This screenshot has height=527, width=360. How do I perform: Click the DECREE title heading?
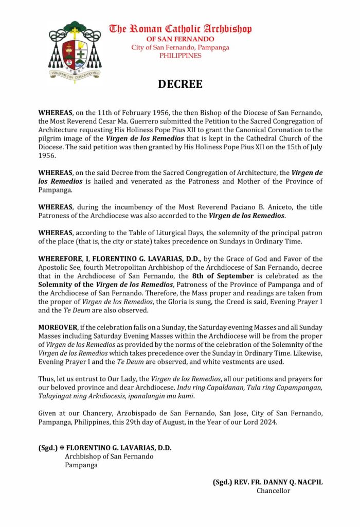click(180, 84)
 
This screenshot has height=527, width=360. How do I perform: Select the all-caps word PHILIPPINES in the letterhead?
click(180, 56)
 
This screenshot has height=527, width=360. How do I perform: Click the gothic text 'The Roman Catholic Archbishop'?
click(180, 29)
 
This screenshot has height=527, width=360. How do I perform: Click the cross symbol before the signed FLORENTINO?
click(61, 448)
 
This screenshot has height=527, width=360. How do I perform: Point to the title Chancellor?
click(274, 491)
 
